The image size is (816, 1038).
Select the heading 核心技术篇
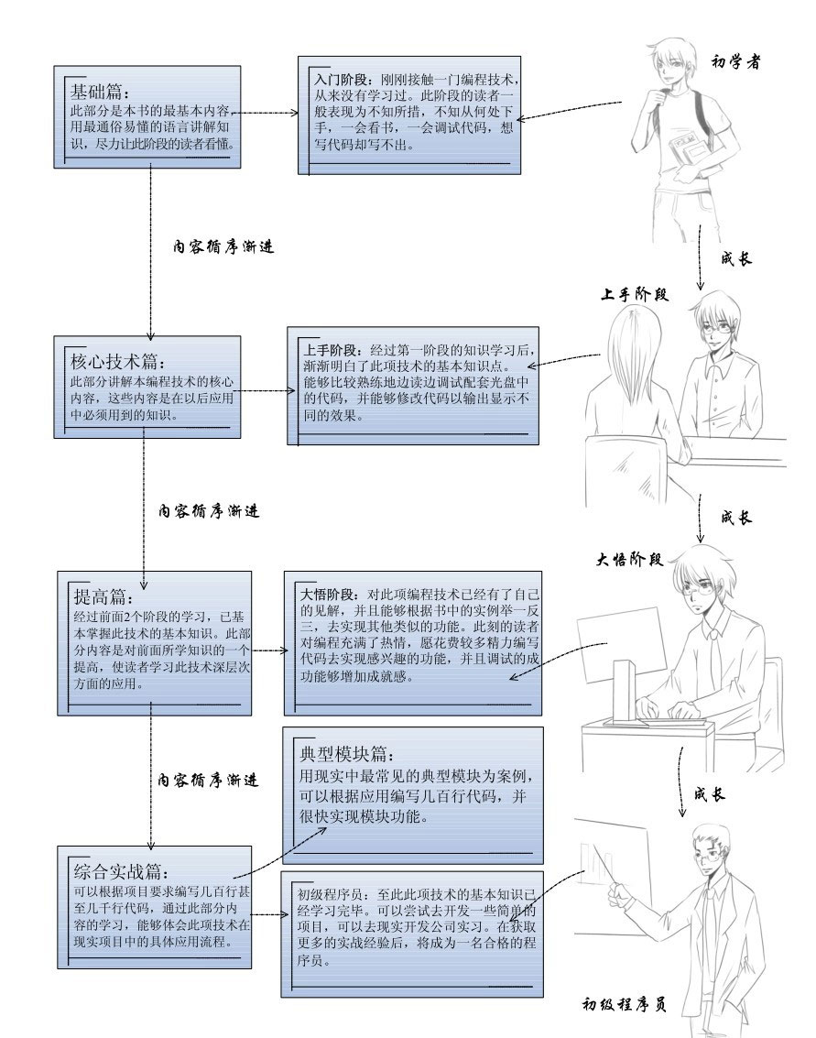[117, 362]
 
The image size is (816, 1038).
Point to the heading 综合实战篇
[120, 871]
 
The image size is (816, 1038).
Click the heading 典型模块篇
[346, 754]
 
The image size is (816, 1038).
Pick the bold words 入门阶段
[340, 79]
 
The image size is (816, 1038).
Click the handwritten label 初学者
[735, 61]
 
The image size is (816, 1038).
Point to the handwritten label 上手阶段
[634, 294]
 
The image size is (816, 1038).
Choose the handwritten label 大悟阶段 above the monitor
[628, 560]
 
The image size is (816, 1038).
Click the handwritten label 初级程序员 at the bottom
[624, 1004]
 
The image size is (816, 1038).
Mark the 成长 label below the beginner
[736, 258]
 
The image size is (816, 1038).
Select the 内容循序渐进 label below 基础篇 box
[223, 246]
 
